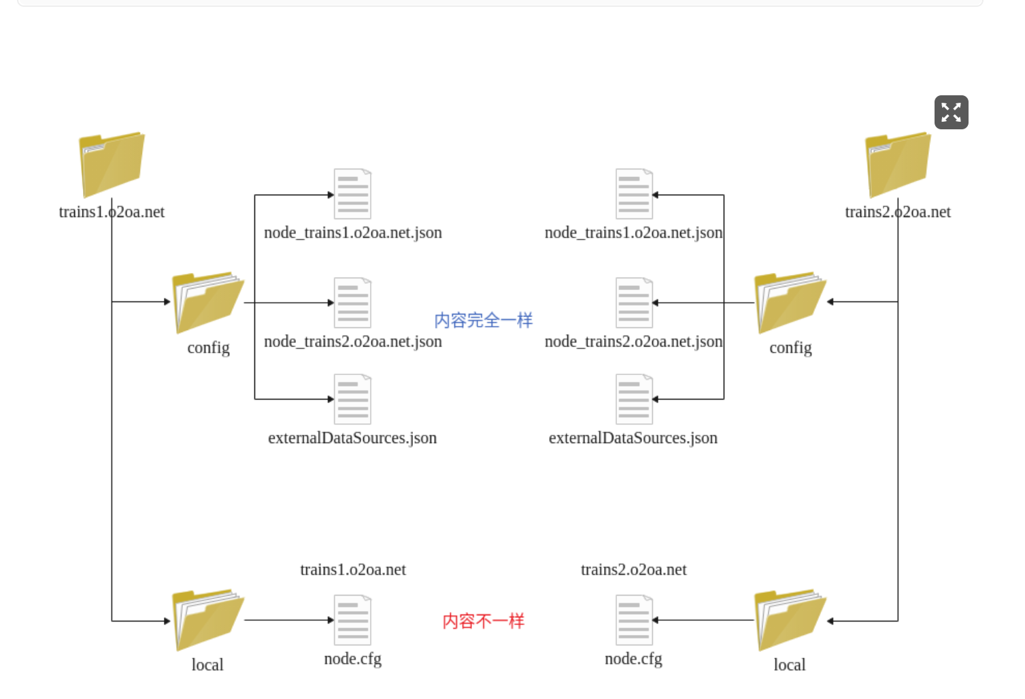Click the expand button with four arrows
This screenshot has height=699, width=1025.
[951, 112]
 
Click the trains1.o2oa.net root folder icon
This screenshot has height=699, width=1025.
[112, 165]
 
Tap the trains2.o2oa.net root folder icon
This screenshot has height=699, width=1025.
[898, 165]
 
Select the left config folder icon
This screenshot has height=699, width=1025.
[207, 303]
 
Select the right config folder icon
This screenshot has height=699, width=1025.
[790, 303]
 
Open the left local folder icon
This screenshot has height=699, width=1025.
[207, 620]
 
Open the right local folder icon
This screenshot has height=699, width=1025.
[790, 620]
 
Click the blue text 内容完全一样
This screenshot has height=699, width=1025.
[484, 320]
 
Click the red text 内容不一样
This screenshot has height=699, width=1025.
[484, 621]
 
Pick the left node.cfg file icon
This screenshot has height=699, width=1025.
[352, 620]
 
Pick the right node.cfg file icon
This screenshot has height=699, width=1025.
[634, 620]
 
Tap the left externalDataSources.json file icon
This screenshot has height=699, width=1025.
[352, 400]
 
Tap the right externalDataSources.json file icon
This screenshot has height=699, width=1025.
[634, 400]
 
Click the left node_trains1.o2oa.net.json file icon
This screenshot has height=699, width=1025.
[352, 194]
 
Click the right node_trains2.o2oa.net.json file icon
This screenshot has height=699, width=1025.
[634, 303]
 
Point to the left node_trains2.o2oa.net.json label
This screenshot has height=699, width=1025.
[353, 342]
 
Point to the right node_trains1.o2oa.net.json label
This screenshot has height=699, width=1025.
[633, 233]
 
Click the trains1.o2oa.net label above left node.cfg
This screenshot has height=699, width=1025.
[353, 570]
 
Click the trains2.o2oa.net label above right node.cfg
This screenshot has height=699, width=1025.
[633, 570]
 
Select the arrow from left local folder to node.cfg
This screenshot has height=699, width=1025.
[288, 620]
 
